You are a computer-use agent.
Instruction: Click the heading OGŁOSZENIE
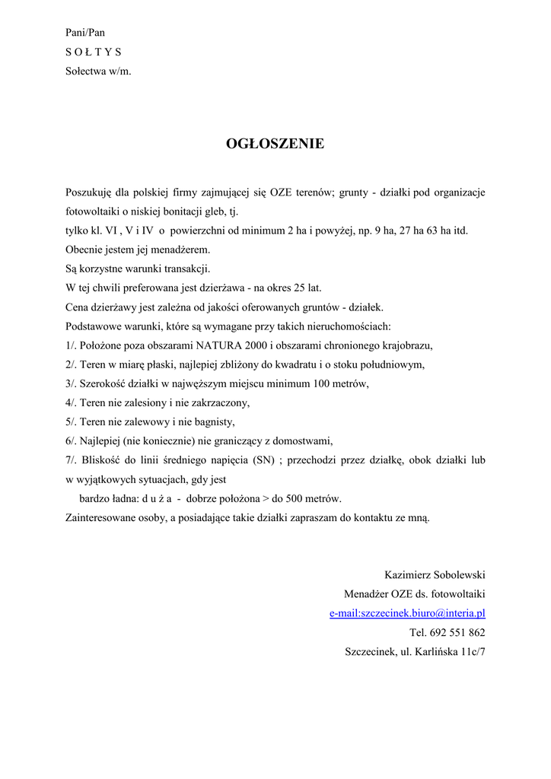point(275,144)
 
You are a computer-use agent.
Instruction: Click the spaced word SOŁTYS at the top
point(93,52)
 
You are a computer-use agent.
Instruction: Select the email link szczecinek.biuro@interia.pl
point(407,613)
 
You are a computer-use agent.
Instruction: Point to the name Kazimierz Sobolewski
point(435,574)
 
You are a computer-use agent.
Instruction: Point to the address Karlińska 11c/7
point(449,652)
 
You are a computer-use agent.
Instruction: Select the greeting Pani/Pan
point(85,33)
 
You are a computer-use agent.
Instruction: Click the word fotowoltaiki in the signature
point(459,594)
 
